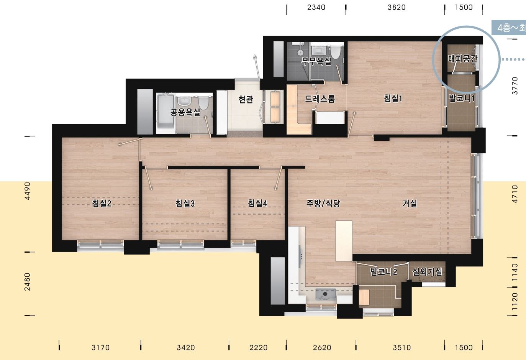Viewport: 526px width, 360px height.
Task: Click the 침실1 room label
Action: [393, 98]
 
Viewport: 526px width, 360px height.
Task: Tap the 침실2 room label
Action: [102, 203]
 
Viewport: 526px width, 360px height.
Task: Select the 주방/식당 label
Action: [323, 203]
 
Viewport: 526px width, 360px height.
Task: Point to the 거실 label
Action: [410, 203]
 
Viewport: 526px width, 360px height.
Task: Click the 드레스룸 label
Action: [320, 99]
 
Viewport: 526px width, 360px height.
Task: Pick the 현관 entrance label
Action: [246, 99]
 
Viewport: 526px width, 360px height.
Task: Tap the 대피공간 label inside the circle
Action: [463, 59]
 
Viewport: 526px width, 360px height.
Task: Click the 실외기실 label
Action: [427, 272]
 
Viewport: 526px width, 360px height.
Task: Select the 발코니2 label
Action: [384, 272]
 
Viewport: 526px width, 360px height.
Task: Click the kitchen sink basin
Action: [326, 294]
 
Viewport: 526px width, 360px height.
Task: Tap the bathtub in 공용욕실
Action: [166, 113]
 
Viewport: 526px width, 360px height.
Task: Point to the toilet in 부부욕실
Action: [335, 52]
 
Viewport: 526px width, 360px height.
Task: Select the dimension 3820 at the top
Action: [397, 7]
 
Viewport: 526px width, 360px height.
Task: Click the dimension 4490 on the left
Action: [28, 191]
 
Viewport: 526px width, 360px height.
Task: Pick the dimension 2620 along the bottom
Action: [322, 348]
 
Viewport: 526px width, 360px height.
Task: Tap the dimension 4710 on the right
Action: [515, 194]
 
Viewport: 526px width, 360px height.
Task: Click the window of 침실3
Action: [180, 244]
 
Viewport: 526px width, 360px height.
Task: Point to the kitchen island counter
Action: [344, 241]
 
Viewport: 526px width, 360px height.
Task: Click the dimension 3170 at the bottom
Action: [100, 348]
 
